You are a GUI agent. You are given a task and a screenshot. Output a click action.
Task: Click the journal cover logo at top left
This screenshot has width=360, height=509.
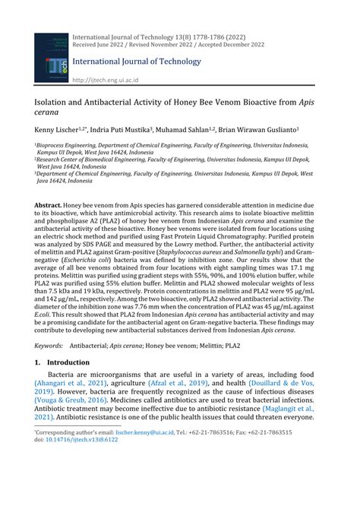[51, 58]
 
